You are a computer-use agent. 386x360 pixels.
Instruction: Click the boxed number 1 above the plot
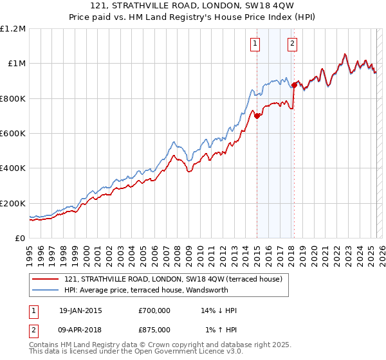pyautogui.click(x=255, y=44)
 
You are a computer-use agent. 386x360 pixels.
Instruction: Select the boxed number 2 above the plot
pyautogui.click(x=292, y=44)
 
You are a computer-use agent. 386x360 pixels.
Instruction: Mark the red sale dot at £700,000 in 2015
pyautogui.click(x=257, y=116)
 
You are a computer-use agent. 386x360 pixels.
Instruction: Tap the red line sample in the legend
pyautogui.click(x=46, y=279)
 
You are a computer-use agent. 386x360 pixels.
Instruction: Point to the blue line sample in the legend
pyautogui.click(x=46, y=290)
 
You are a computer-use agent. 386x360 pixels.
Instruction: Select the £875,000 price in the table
pyautogui.click(x=154, y=329)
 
